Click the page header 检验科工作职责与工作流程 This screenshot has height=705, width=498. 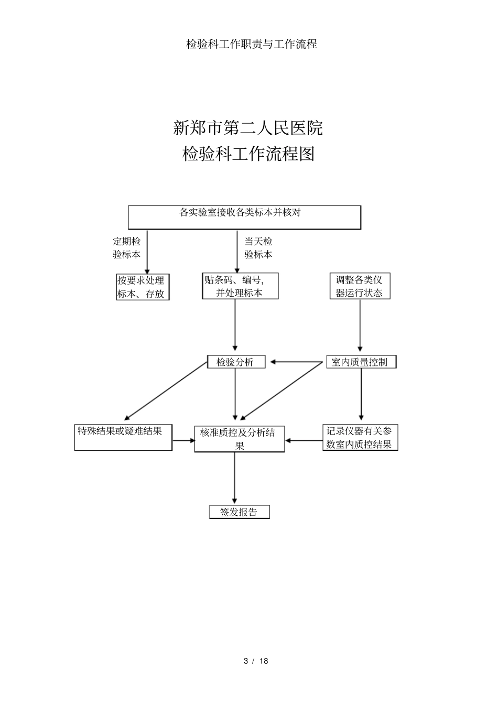point(252,44)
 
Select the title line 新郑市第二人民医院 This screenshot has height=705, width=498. point(248,128)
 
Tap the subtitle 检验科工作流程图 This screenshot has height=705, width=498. point(248,154)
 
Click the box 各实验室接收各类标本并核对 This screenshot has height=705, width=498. point(245,217)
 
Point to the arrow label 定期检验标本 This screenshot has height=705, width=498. point(127,248)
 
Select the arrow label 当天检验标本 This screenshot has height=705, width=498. point(258,248)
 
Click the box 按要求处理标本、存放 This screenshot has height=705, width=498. point(143,287)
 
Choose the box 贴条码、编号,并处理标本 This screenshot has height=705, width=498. point(240,286)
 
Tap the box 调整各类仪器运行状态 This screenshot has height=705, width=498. point(360,286)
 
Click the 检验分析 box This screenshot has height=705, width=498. point(236,362)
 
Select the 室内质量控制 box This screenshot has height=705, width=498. point(361,362)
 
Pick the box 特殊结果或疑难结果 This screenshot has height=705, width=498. point(123,438)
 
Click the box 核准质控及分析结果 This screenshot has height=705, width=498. point(239,439)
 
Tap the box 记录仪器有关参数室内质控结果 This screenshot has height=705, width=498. point(360,438)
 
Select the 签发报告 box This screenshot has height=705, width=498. point(239,512)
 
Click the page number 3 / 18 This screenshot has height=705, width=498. point(256,661)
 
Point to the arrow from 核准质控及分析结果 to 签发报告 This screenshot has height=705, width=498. point(234,478)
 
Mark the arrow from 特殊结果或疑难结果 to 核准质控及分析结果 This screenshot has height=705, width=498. point(183,441)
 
